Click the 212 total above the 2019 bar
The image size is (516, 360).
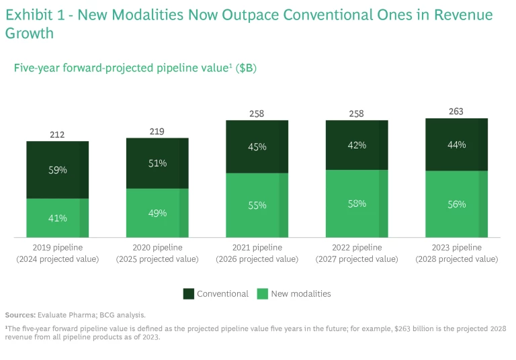tap(58, 135)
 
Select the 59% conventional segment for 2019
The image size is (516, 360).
tap(58, 170)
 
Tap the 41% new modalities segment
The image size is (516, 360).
tap(58, 218)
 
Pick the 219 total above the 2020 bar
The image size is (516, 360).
tap(157, 132)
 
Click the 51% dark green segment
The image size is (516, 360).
tap(157, 163)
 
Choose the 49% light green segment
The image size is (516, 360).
tap(157, 213)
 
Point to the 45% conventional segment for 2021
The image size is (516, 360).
tap(257, 146)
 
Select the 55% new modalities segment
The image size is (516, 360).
tap(257, 205)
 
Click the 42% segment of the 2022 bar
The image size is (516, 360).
tap(357, 144)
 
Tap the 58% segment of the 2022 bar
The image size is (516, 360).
tap(357, 204)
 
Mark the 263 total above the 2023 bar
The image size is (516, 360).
tap(456, 111)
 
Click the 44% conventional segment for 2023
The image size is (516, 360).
tap(456, 144)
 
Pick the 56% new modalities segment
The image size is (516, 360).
tap(456, 204)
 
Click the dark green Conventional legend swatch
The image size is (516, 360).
tap(189, 294)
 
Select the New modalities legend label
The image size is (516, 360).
tap(300, 294)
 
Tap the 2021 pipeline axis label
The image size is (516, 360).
tap(257, 247)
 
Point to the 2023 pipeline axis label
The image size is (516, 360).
tap(456, 247)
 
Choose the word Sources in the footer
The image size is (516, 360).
tap(20, 314)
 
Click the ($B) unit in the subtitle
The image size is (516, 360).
tap(246, 68)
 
